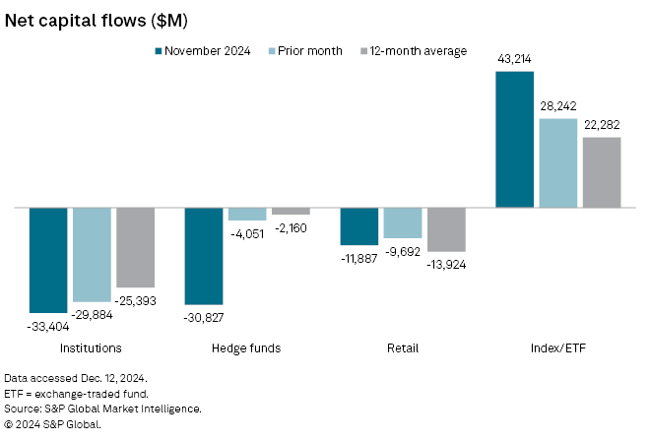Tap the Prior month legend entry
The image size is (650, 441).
click(x=303, y=50)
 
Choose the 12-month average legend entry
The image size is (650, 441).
click(x=413, y=50)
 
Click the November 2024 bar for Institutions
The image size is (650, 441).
click(x=48, y=260)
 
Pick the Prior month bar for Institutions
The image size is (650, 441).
click(x=92, y=255)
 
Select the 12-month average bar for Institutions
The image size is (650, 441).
click(x=135, y=247)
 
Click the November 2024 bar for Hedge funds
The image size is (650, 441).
click(x=204, y=256)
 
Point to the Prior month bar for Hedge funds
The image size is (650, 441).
click(x=247, y=214)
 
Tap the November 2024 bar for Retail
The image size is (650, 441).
click(x=359, y=226)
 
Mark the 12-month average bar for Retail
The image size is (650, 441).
click(x=446, y=229)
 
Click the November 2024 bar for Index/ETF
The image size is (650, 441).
click(x=514, y=139)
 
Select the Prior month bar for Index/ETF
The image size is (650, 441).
click(x=557, y=162)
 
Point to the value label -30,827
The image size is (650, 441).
click(x=204, y=316)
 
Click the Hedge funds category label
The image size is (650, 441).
click(x=246, y=347)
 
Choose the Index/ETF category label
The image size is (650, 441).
click(x=557, y=347)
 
